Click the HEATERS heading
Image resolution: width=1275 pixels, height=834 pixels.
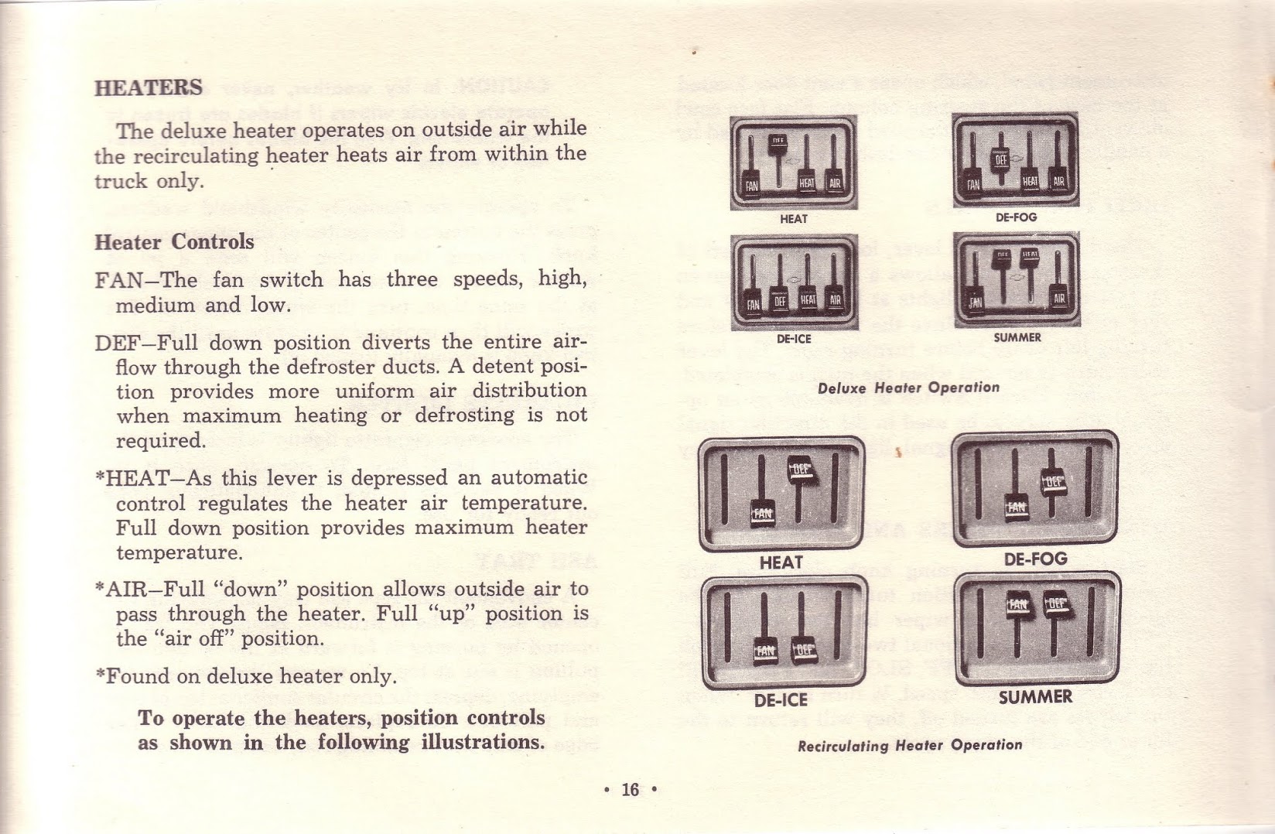[149, 87]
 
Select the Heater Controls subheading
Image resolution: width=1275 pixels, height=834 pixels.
[174, 242]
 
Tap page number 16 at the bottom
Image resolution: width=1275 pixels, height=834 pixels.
[631, 789]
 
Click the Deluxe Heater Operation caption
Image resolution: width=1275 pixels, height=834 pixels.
[908, 388]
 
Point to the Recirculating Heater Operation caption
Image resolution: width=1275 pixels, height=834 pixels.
[910, 746]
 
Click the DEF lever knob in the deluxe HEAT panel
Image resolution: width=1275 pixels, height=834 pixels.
[778, 142]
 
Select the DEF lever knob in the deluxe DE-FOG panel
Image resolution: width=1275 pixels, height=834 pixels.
[1001, 159]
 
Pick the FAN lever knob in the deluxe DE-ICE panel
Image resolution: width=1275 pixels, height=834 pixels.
[753, 302]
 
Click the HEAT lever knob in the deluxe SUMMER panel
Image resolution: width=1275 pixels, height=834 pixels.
[1029, 255]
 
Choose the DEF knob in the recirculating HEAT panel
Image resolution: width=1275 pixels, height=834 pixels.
[802, 470]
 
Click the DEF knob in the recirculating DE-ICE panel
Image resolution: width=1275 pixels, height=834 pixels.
[805, 649]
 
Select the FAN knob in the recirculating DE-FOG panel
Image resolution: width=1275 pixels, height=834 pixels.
[1016, 507]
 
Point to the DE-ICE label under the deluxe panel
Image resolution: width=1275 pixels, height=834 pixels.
[793, 338]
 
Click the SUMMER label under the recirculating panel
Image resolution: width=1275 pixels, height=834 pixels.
[1035, 697]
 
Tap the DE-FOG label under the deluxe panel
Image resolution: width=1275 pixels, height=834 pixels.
[1016, 217]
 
